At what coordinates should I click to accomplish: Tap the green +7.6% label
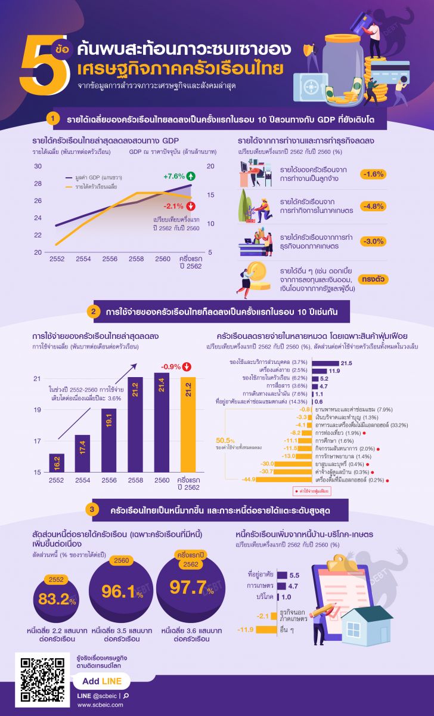click(174, 176)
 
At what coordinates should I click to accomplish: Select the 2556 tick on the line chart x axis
click(110, 258)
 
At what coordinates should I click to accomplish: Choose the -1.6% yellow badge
click(373, 174)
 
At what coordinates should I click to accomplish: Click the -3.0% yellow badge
click(373, 241)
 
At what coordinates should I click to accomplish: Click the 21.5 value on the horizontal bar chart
click(346, 362)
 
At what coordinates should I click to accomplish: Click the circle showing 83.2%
click(58, 600)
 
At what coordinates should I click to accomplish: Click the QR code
click(42, 680)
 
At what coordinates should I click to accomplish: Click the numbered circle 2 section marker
click(92, 311)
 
